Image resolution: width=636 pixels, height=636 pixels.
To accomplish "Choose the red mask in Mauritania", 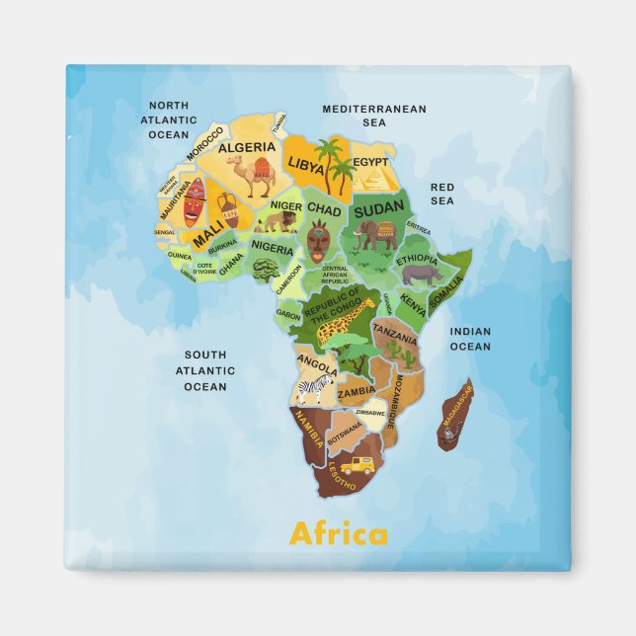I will pyautogui.click(x=194, y=201).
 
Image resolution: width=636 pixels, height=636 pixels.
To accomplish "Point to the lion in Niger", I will pyautogui.click(x=268, y=223).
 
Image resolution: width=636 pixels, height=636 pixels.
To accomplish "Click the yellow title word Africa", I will pyautogui.click(x=338, y=534).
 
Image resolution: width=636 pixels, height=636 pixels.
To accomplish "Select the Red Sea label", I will pyautogui.click(x=441, y=194).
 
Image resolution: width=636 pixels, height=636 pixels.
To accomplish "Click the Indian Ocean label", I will pyautogui.click(x=470, y=339).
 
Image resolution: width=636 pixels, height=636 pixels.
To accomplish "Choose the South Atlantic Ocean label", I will pyautogui.click(x=204, y=370).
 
